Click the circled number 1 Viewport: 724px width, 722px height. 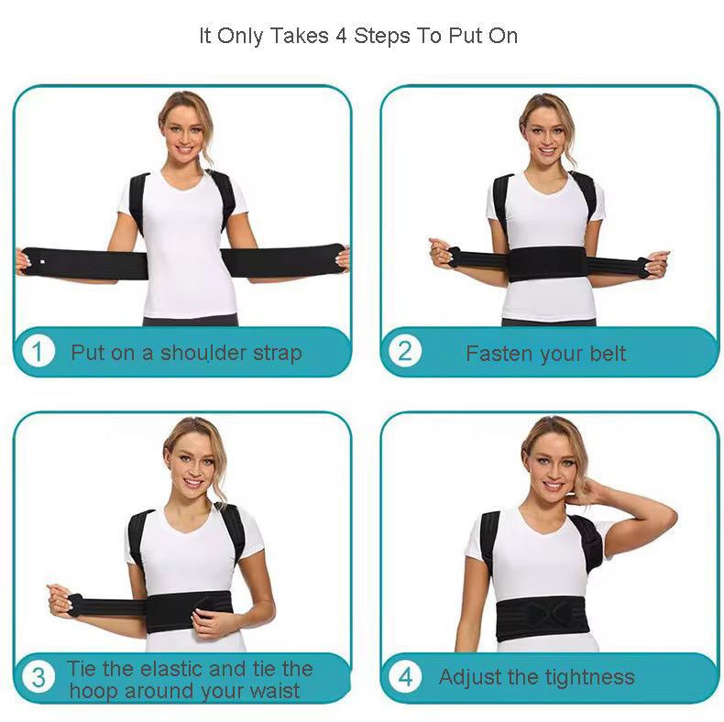pos(38,352)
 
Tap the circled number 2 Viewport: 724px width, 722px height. pos(405,352)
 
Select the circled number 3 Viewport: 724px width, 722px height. pos(38,678)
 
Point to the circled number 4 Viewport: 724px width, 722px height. pos(405,678)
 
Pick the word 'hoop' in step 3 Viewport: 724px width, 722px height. pos(93,691)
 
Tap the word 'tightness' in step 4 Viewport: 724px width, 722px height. pos(587,677)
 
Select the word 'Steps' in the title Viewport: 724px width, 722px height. pos(382,37)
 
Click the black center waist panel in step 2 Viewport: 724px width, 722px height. pos(546,264)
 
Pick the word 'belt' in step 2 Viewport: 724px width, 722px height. pos(608,354)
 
